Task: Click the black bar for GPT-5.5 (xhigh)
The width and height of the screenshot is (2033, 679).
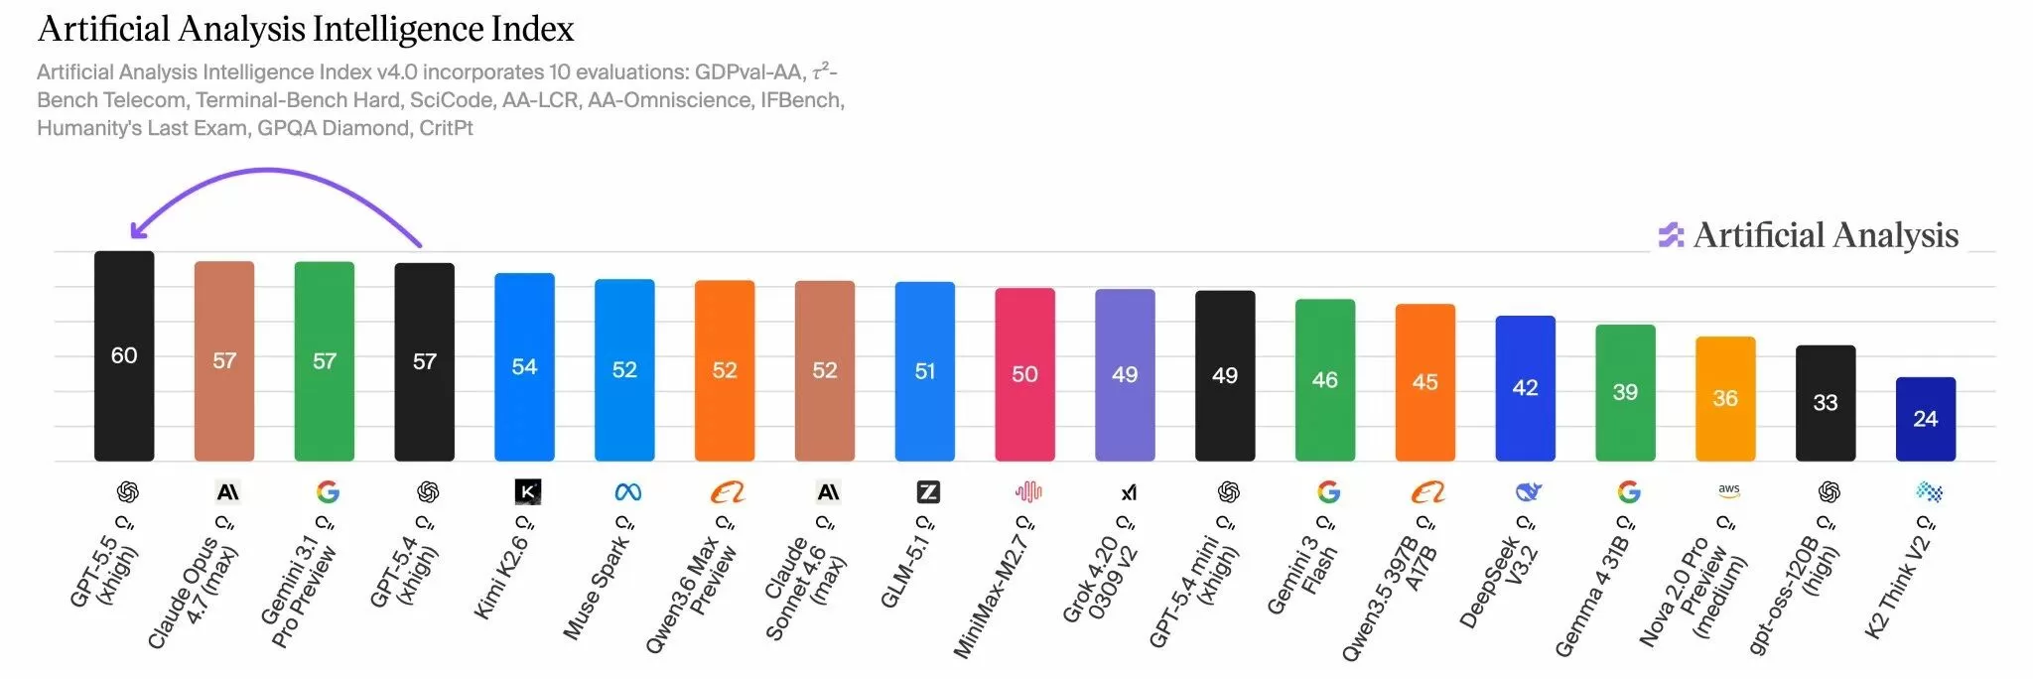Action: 124,355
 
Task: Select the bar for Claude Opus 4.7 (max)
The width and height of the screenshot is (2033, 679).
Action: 224,361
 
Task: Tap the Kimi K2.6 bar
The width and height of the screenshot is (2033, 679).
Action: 524,367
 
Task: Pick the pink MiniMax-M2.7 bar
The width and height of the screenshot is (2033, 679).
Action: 1024,374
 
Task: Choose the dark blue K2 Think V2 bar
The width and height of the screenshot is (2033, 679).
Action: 1926,419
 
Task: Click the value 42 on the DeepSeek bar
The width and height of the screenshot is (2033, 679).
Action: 1525,388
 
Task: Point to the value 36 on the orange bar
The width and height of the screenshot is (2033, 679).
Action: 1725,398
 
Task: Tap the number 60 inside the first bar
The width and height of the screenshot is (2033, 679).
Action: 124,355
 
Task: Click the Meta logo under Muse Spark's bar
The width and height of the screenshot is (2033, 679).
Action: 627,491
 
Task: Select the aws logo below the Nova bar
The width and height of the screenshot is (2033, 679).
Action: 1729,490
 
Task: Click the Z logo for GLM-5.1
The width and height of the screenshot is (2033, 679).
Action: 927,491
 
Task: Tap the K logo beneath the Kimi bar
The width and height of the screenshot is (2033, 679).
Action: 528,491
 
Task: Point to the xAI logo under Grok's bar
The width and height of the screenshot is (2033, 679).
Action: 1129,492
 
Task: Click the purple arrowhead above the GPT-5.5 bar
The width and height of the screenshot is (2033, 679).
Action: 138,229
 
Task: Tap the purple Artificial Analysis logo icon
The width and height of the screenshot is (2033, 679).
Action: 1672,235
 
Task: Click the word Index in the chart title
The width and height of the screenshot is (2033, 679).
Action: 533,30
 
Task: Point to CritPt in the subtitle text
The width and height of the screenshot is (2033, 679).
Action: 446,128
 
